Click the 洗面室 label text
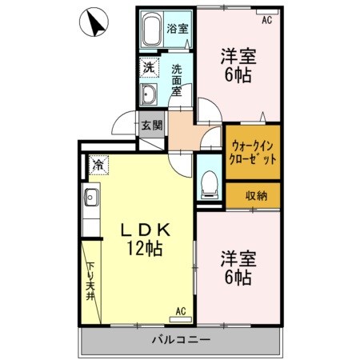(178, 80)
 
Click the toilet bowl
(208, 182)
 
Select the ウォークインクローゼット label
(253, 152)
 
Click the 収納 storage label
(257, 195)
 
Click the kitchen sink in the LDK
(91, 196)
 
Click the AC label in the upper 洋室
(266, 21)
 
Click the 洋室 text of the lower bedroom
(237, 259)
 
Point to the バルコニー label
(182, 341)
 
